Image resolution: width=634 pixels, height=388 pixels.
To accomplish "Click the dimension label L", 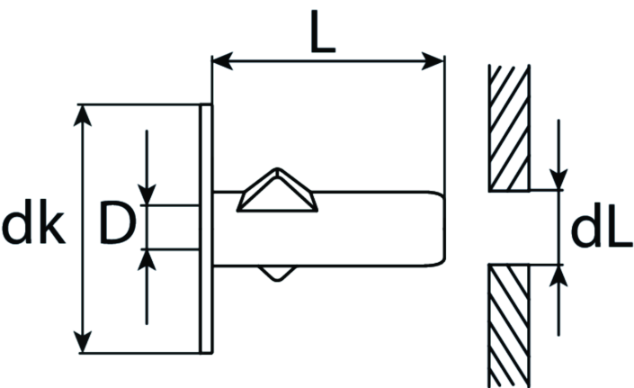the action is click(323, 32).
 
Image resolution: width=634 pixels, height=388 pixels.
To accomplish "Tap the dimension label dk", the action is click(33, 221).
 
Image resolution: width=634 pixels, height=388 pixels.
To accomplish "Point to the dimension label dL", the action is click(602, 227).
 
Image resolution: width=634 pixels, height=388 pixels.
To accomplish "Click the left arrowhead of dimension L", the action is click(222, 61).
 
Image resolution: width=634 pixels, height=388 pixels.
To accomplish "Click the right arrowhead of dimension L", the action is click(433, 61).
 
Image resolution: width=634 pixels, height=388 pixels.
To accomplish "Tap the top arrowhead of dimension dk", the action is click(83, 116).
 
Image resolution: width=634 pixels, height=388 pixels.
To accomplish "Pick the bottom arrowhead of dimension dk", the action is click(83, 342).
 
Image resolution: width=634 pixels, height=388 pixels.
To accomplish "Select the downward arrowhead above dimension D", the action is click(147, 194).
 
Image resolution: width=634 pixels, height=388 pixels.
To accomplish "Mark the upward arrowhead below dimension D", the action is click(147, 260).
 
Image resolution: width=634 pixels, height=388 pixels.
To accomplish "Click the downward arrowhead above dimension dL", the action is click(558, 180).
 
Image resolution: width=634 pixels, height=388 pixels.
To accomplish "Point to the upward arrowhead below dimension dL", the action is click(558, 275).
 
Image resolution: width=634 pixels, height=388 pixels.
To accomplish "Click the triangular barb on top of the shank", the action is click(277, 191).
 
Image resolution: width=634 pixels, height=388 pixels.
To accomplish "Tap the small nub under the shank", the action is click(277, 273).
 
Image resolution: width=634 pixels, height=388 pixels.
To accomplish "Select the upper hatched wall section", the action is click(509, 128).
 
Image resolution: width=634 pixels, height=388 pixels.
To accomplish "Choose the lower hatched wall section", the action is click(509, 326).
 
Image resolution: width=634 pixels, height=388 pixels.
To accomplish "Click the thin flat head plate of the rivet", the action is click(206, 229).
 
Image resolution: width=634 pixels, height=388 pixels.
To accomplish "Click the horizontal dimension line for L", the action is click(328, 61).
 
